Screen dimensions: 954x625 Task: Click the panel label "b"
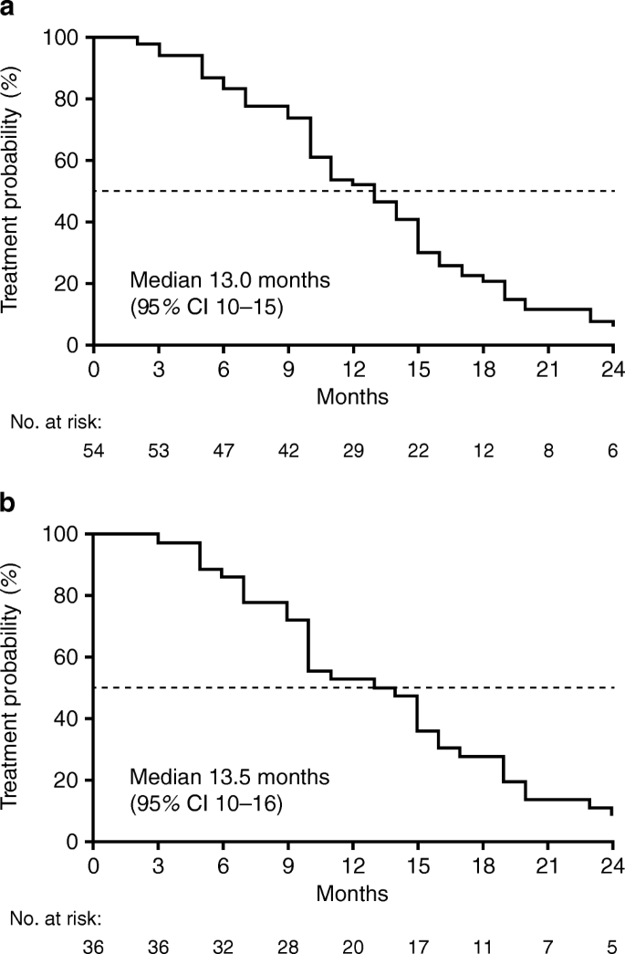(8, 502)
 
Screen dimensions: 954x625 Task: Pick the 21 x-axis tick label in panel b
(547, 865)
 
